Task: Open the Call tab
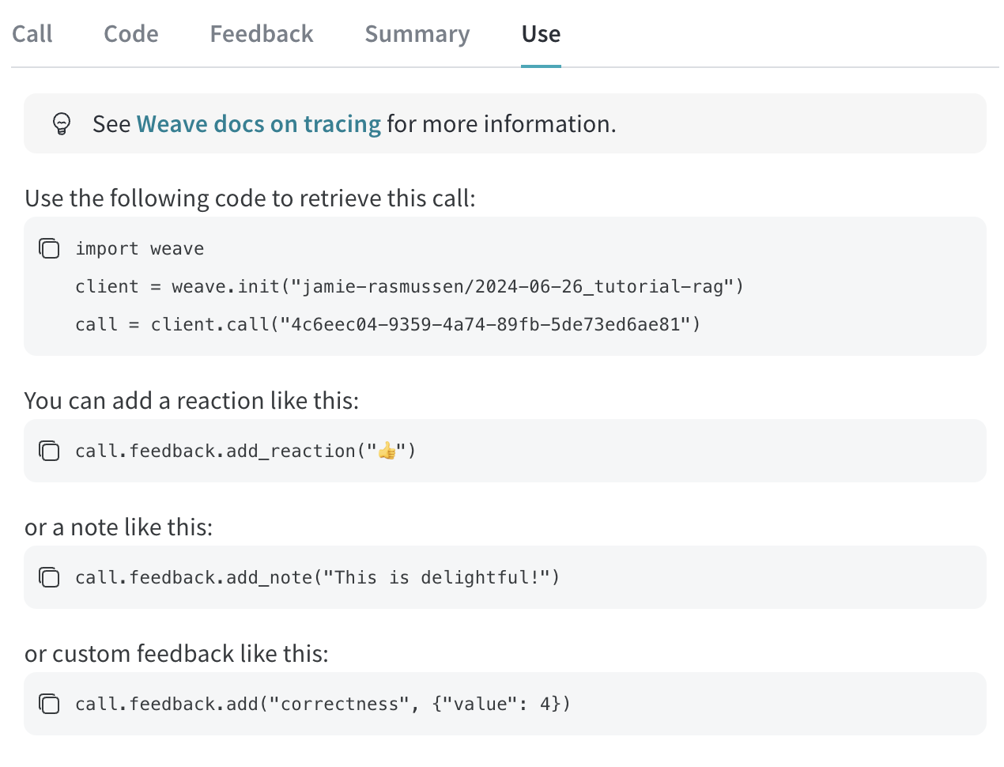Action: pyautogui.click(x=32, y=34)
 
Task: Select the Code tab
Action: pyautogui.click(x=130, y=34)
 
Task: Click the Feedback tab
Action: pyautogui.click(x=261, y=34)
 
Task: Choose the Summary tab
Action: pyautogui.click(x=417, y=35)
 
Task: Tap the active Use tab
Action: pyautogui.click(x=541, y=34)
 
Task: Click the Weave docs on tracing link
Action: pyautogui.click(x=259, y=124)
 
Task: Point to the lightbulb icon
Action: pyautogui.click(x=62, y=124)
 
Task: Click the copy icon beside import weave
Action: pyautogui.click(x=49, y=248)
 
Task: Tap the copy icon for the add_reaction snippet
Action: pyautogui.click(x=49, y=451)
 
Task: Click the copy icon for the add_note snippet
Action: pyautogui.click(x=49, y=577)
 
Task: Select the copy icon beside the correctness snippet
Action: pyautogui.click(x=49, y=704)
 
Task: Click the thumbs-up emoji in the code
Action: pyautogui.click(x=387, y=451)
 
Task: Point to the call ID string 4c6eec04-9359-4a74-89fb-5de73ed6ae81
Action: pyautogui.click(x=485, y=325)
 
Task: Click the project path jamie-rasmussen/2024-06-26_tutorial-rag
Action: pyautogui.click(x=512, y=287)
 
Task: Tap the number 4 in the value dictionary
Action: pyautogui.click(x=545, y=705)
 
